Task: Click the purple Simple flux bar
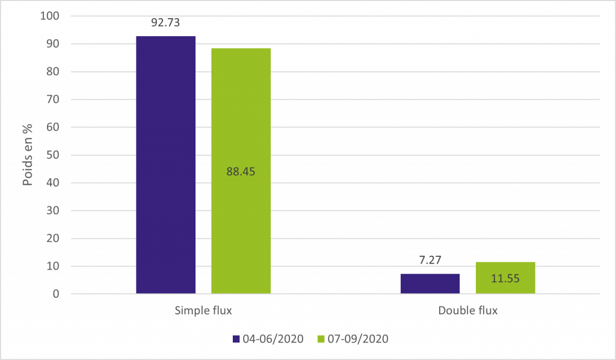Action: tap(165, 165)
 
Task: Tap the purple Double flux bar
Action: tap(430, 284)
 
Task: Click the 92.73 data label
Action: tap(165, 23)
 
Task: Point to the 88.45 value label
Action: tap(241, 171)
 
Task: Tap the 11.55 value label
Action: tap(505, 279)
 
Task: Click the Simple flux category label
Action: tap(203, 311)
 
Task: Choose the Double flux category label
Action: tap(467, 311)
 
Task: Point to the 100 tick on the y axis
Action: tap(52, 16)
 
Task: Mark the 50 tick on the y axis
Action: tap(55, 155)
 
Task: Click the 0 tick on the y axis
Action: tap(57, 294)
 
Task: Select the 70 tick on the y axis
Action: tap(55, 100)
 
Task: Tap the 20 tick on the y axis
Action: tap(55, 239)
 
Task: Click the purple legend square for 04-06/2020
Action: tap(236, 339)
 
